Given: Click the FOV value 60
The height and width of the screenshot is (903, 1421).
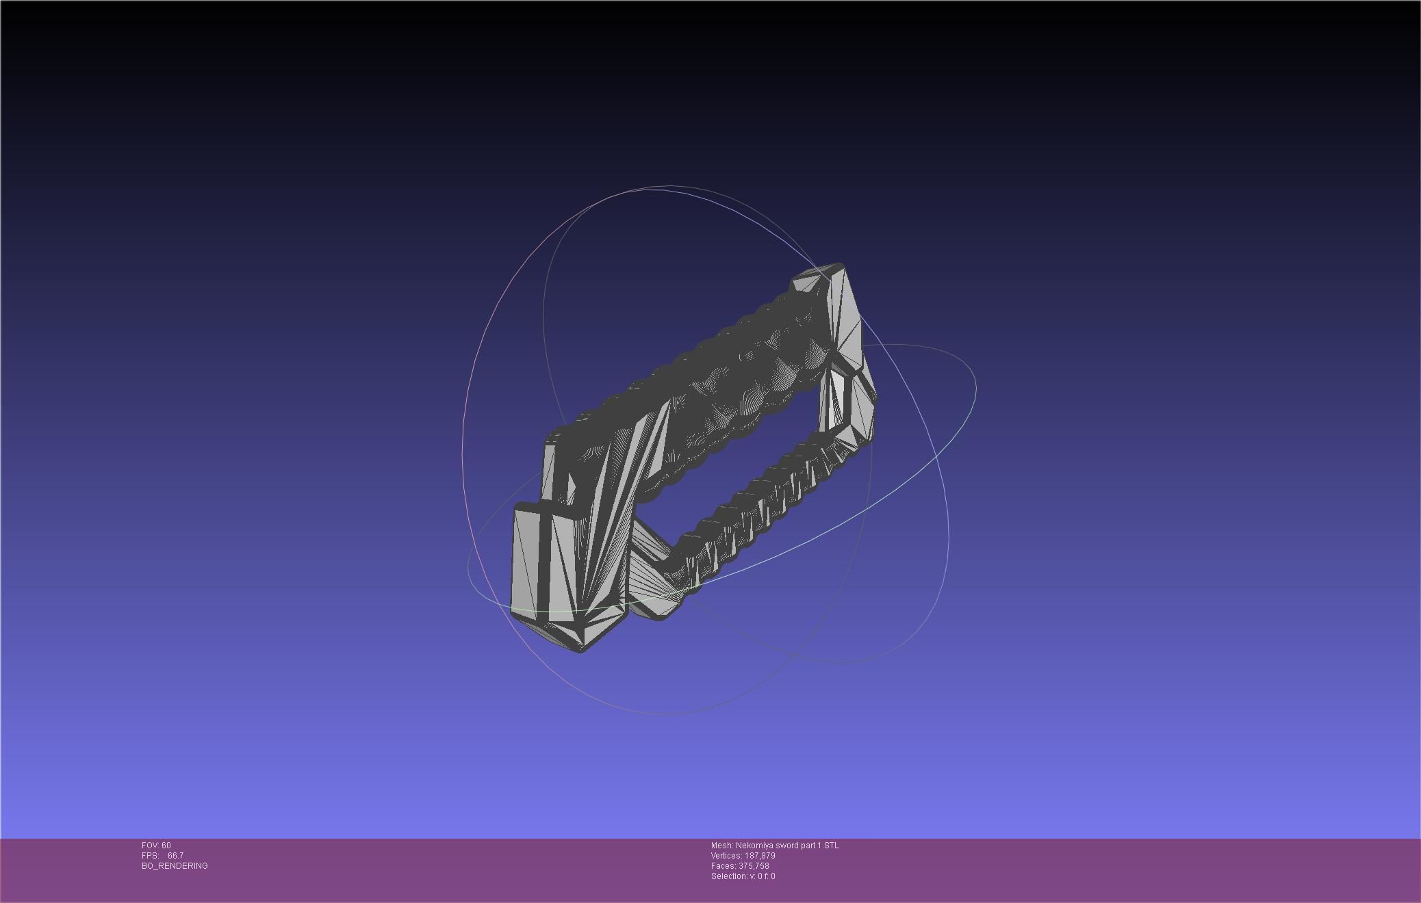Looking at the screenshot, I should click(x=166, y=846).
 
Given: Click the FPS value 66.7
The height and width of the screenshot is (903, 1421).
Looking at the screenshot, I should click(x=175, y=856).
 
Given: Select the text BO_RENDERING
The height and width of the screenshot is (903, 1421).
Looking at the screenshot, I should click(x=175, y=866).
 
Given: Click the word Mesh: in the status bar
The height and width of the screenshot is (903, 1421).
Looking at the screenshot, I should click(x=721, y=846).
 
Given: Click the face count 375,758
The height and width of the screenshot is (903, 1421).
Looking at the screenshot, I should click(x=754, y=866).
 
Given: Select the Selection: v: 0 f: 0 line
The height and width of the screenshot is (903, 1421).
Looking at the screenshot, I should click(x=743, y=876).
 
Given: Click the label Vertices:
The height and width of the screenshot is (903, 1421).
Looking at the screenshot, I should click(x=726, y=856).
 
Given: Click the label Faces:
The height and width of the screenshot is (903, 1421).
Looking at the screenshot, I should click(x=724, y=866).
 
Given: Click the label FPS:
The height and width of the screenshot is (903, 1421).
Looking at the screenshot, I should click(x=150, y=856).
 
